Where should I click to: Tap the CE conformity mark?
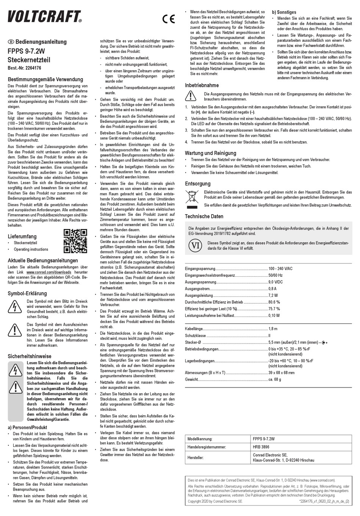[x=168, y=19]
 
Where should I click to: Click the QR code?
[x=75, y=241]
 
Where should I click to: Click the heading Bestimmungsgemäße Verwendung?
[x=45, y=80]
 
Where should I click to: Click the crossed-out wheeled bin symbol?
[x=191, y=199]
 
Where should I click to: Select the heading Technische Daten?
[x=204, y=216]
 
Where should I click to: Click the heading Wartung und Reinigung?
[x=210, y=153]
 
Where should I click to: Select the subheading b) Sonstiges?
[x=284, y=12]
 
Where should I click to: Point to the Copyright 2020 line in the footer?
[x=215, y=501]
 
